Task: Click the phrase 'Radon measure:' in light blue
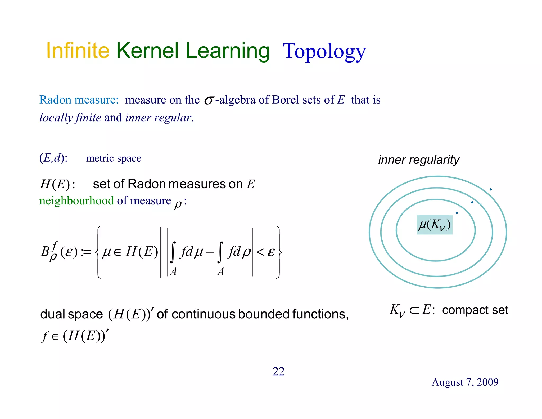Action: click(x=79, y=100)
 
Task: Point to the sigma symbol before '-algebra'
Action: click(x=209, y=100)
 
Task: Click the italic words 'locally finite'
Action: click(x=70, y=118)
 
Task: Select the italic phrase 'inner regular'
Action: click(x=158, y=118)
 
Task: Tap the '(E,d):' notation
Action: click(x=53, y=158)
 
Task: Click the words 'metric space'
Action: click(x=114, y=158)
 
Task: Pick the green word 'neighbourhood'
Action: click(x=76, y=201)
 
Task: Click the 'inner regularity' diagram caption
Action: click(x=419, y=160)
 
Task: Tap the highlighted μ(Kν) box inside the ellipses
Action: click(x=434, y=225)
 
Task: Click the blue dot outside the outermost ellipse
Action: click(x=490, y=189)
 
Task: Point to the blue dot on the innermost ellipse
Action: click(x=457, y=213)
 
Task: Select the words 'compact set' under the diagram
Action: click(x=475, y=310)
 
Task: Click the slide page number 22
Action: click(x=278, y=371)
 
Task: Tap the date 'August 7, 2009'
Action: click(x=465, y=382)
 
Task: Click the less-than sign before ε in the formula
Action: click(x=260, y=252)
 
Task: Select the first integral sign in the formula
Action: click(x=173, y=252)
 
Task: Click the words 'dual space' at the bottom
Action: click(x=71, y=314)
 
